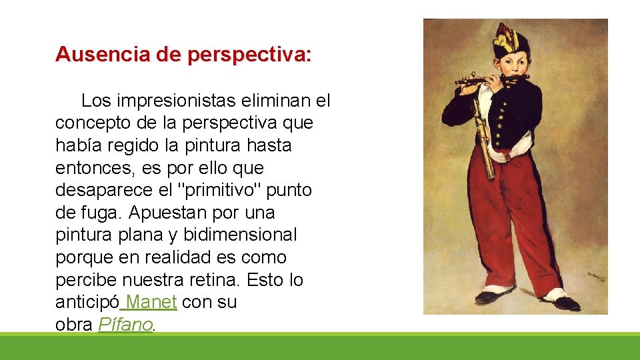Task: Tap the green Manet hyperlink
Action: pyautogui.click(x=151, y=302)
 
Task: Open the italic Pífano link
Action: pyautogui.click(x=126, y=325)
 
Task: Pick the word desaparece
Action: pyautogui.click(x=103, y=190)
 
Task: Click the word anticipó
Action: pyautogui.click(x=87, y=302)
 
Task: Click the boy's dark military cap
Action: pyautogui.click(x=511, y=41)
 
